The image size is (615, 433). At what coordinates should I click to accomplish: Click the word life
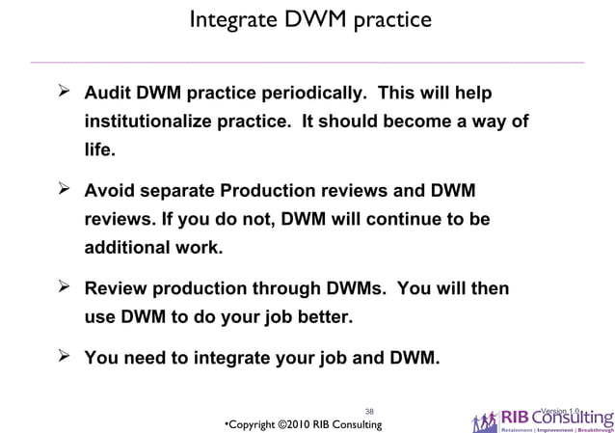point(99,151)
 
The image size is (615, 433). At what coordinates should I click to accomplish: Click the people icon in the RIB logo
point(485,420)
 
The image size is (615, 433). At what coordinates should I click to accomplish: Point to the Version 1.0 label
point(560,412)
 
